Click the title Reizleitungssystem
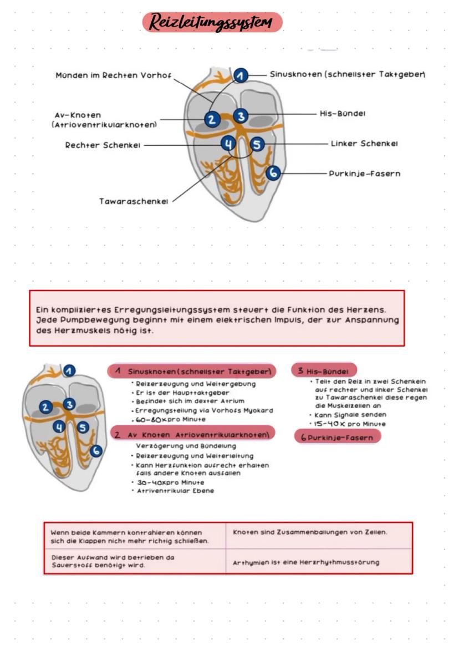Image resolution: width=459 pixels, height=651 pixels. coord(212,22)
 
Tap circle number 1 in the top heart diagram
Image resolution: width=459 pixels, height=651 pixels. coord(240,76)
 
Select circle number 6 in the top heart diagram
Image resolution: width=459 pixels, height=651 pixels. coord(273,173)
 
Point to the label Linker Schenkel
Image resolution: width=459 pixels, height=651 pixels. coord(364,144)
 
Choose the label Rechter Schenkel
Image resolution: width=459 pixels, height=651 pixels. coord(103,145)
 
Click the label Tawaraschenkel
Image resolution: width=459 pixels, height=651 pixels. coord(134,201)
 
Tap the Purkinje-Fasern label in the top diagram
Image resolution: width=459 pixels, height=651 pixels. coord(365,174)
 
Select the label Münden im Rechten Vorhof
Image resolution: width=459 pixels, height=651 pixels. coord(114,75)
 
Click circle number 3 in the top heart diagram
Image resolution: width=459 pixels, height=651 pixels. coord(240,116)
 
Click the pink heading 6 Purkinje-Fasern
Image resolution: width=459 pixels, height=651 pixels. coord(337,438)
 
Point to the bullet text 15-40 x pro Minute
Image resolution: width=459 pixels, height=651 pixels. coord(350,424)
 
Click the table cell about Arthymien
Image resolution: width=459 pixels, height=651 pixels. coord(306,562)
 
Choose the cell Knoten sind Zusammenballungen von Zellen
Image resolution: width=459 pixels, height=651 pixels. coord(310,532)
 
